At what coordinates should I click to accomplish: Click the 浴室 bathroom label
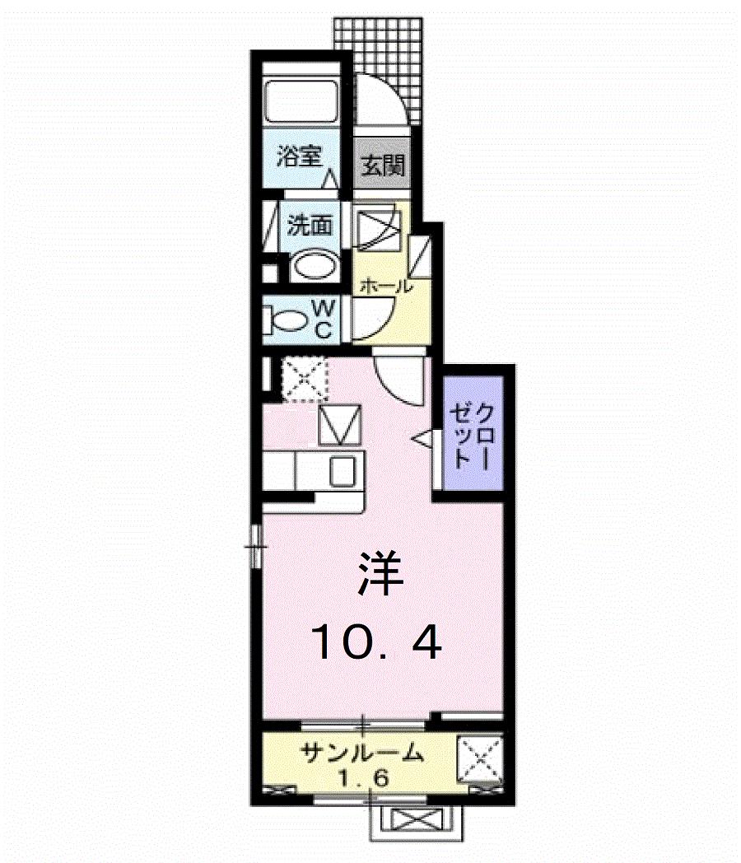(298, 156)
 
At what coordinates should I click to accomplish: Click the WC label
(324, 319)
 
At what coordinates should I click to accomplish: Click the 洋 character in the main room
(380, 574)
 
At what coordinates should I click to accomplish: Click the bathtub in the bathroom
(302, 104)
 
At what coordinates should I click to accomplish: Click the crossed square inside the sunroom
(478, 757)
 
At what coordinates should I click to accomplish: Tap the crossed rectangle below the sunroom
(417, 820)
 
